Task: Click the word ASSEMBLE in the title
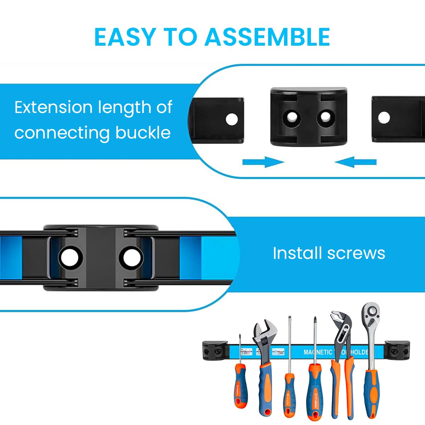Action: pyautogui.click(x=267, y=37)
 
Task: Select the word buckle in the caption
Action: pyautogui.click(x=143, y=133)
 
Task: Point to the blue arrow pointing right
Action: pyautogui.click(x=263, y=162)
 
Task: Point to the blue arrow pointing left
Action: pyautogui.click(x=355, y=162)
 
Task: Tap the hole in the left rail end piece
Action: pyautogui.click(x=232, y=119)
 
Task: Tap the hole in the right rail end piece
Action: pyautogui.click(x=384, y=118)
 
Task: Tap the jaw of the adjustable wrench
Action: pyautogui.click(x=265, y=331)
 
